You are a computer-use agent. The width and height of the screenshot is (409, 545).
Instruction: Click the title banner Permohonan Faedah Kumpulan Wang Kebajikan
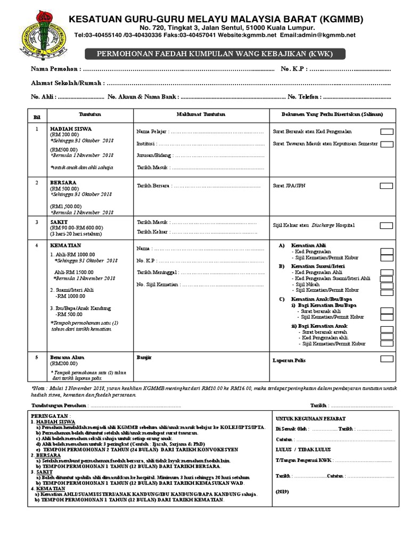(216, 54)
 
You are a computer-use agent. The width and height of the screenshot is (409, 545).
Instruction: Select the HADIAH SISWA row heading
(71, 129)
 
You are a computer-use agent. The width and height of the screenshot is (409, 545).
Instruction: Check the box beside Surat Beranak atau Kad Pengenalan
(387, 131)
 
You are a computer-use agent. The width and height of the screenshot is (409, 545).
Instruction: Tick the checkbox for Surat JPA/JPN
(387, 186)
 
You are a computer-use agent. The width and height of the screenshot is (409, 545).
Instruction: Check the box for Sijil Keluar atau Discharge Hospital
(387, 225)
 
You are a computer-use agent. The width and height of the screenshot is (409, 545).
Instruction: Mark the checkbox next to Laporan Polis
(387, 359)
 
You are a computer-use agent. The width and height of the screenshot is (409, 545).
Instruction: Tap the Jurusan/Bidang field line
(200, 155)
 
